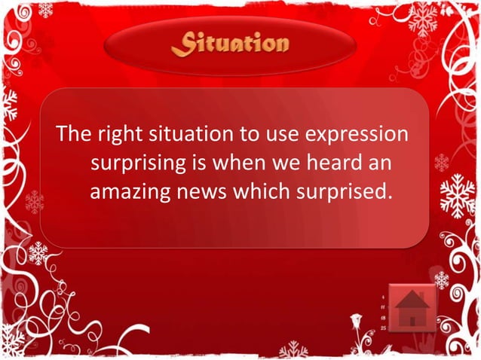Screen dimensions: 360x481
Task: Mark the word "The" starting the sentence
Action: (x=73, y=136)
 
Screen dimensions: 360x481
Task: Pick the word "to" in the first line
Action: (x=249, y=136)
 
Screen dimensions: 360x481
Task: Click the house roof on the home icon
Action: (x=412, y=301)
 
